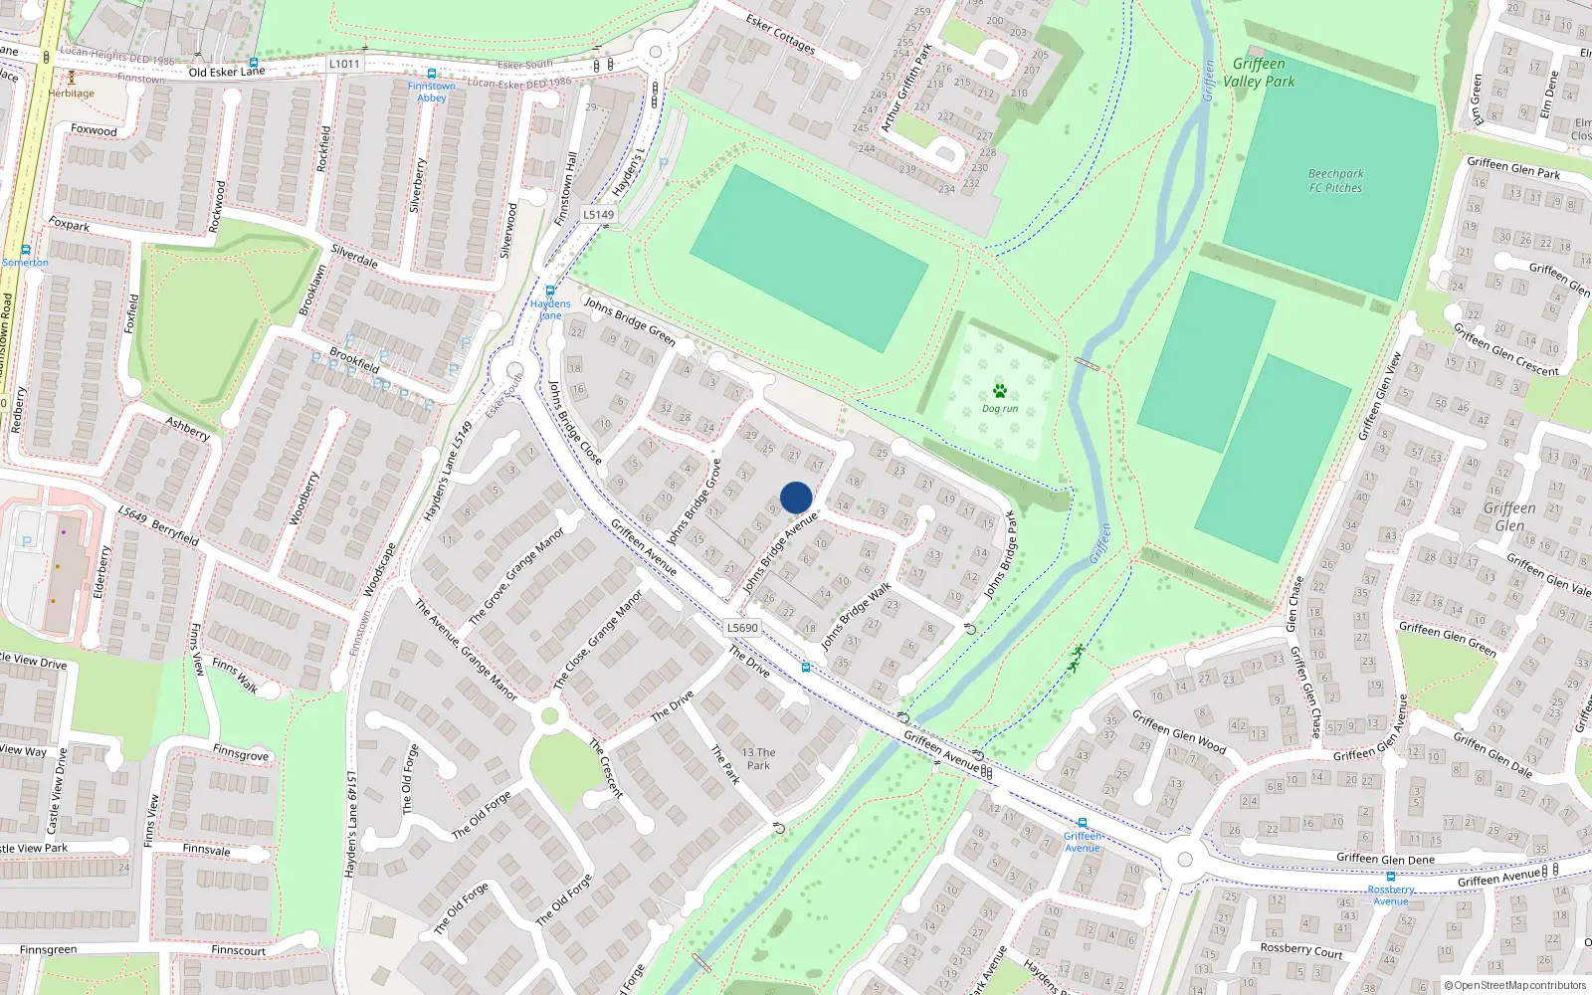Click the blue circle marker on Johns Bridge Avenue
(x=796, y=497)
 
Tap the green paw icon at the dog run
(x=999, y=391)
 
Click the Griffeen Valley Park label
(x=1259, y=73)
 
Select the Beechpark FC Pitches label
(x=1335, y=180)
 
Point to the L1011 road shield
(x=344, y=64)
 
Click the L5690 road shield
(x=742, y=628)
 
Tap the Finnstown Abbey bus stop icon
(x=431, y=74)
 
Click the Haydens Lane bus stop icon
(x=549, y=291)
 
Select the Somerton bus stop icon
(x=25, y=250)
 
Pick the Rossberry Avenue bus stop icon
(x=1390, y=877)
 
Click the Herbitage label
(x=72, y=94)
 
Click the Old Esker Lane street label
(x=227, y=72)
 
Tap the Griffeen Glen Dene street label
(x=1385, y=858)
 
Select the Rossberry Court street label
(x=1300, y=950)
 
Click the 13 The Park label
(x=758, y=758)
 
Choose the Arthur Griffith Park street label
(x=905, y=88)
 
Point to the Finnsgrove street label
(x=240, y=753)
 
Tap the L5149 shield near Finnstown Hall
(x=598, y=214)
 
